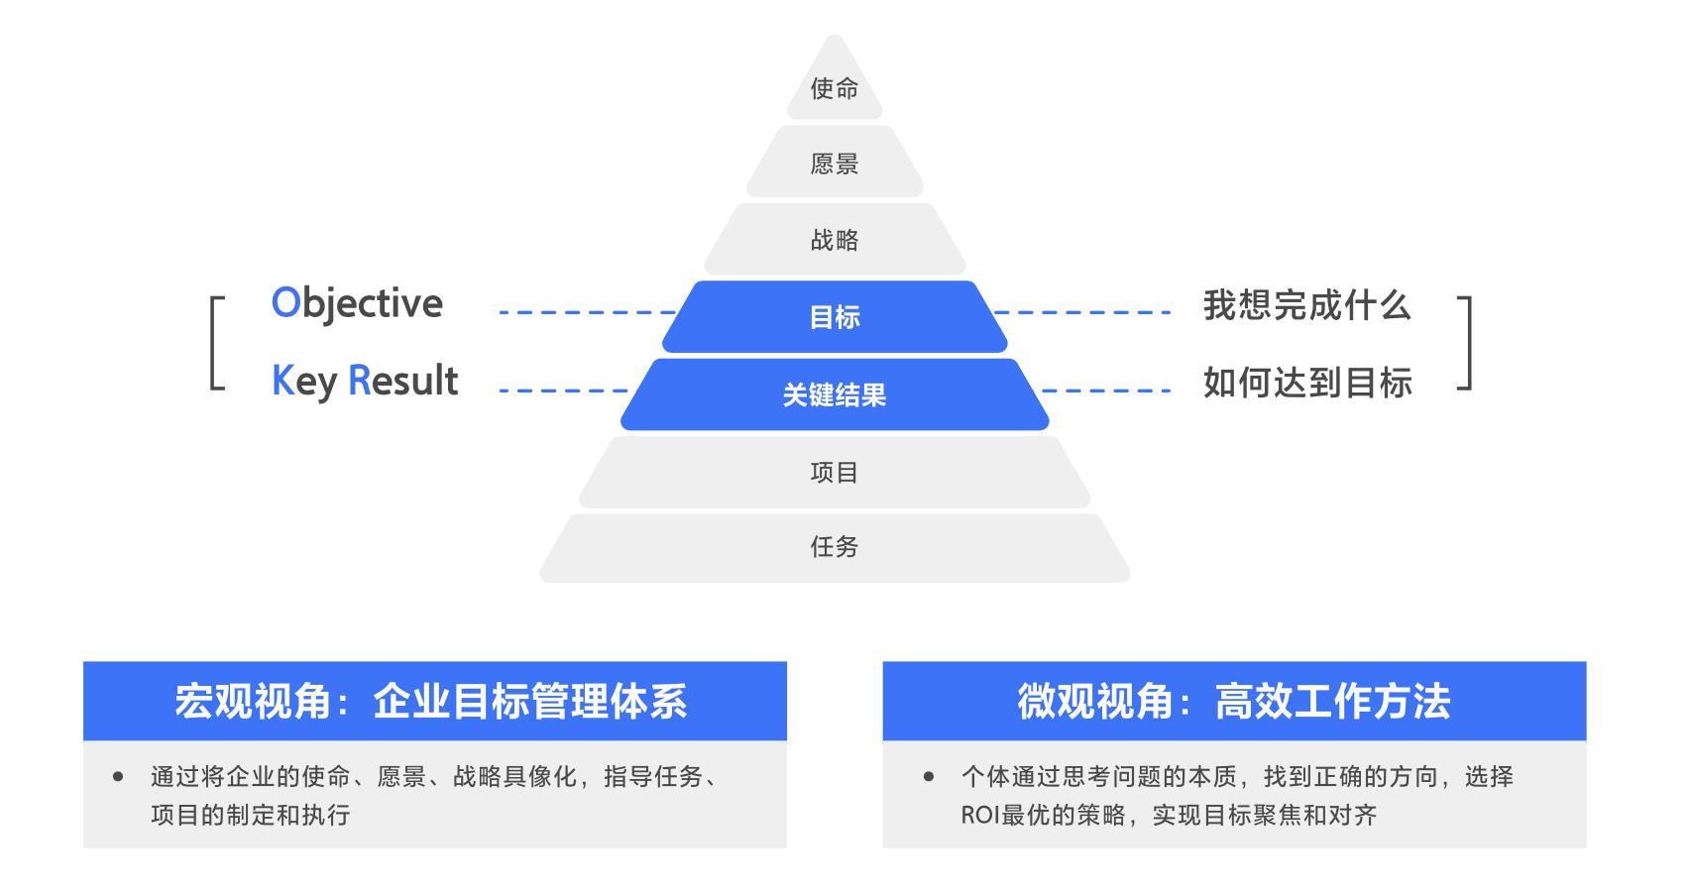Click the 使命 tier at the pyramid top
click(x=835, y=88)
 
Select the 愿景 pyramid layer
click(x=835, y=164)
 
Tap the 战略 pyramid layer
click(x=835, y=240)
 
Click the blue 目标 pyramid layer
click(x=835, y=317)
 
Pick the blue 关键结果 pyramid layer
click(x=835, y=394)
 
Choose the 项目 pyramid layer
click(x=835, y=472)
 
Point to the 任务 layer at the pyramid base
click(x=835, y=547)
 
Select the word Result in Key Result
click(x=403, y=381)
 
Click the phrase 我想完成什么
click(x=1306, y=305)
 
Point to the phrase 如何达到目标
click(x=1306, y=383)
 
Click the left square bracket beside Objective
click(x=217, y=343)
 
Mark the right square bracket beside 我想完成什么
click(x=1465, y=343)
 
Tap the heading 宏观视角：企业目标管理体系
click(x=432, y=702)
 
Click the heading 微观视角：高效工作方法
click(x=1234, y=702)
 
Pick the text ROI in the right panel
click(x=979, y=816)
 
